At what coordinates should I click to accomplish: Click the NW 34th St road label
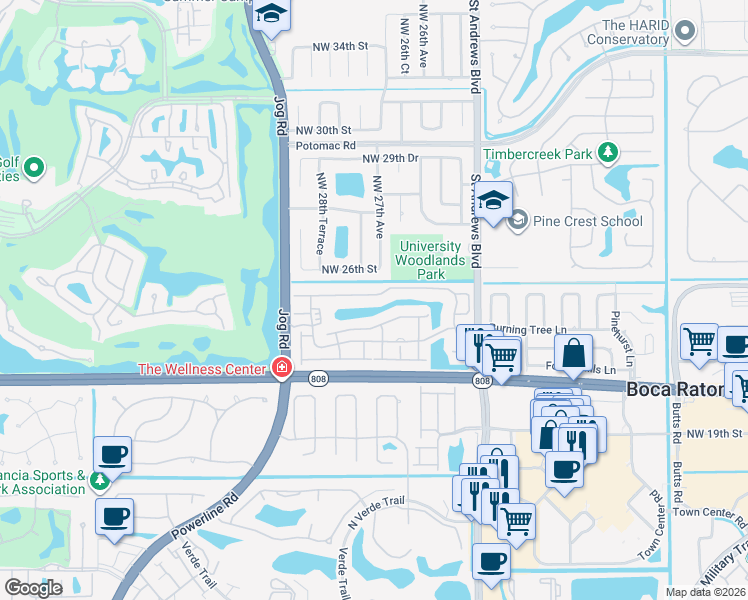[x=340, y=46]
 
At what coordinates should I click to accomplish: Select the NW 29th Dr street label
[x=390, y=159]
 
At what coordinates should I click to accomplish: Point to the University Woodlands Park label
[x=431, y=260]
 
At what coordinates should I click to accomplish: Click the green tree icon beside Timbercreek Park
[x=606, y=153]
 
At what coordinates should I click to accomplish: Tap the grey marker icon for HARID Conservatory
[x=685, y=32]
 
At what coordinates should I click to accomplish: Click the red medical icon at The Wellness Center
[x=282, y=370]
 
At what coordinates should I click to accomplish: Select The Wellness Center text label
[x=205, y=370]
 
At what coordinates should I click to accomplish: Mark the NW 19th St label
[x=717, y=433]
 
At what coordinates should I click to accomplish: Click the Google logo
[x=33, y=588]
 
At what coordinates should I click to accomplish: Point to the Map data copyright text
[x=705, y=592]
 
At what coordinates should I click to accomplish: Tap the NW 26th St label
[x=349, y=269]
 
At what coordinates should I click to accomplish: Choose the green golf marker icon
[x=33, y=167]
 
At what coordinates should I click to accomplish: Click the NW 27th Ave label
[x=378, y=206]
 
